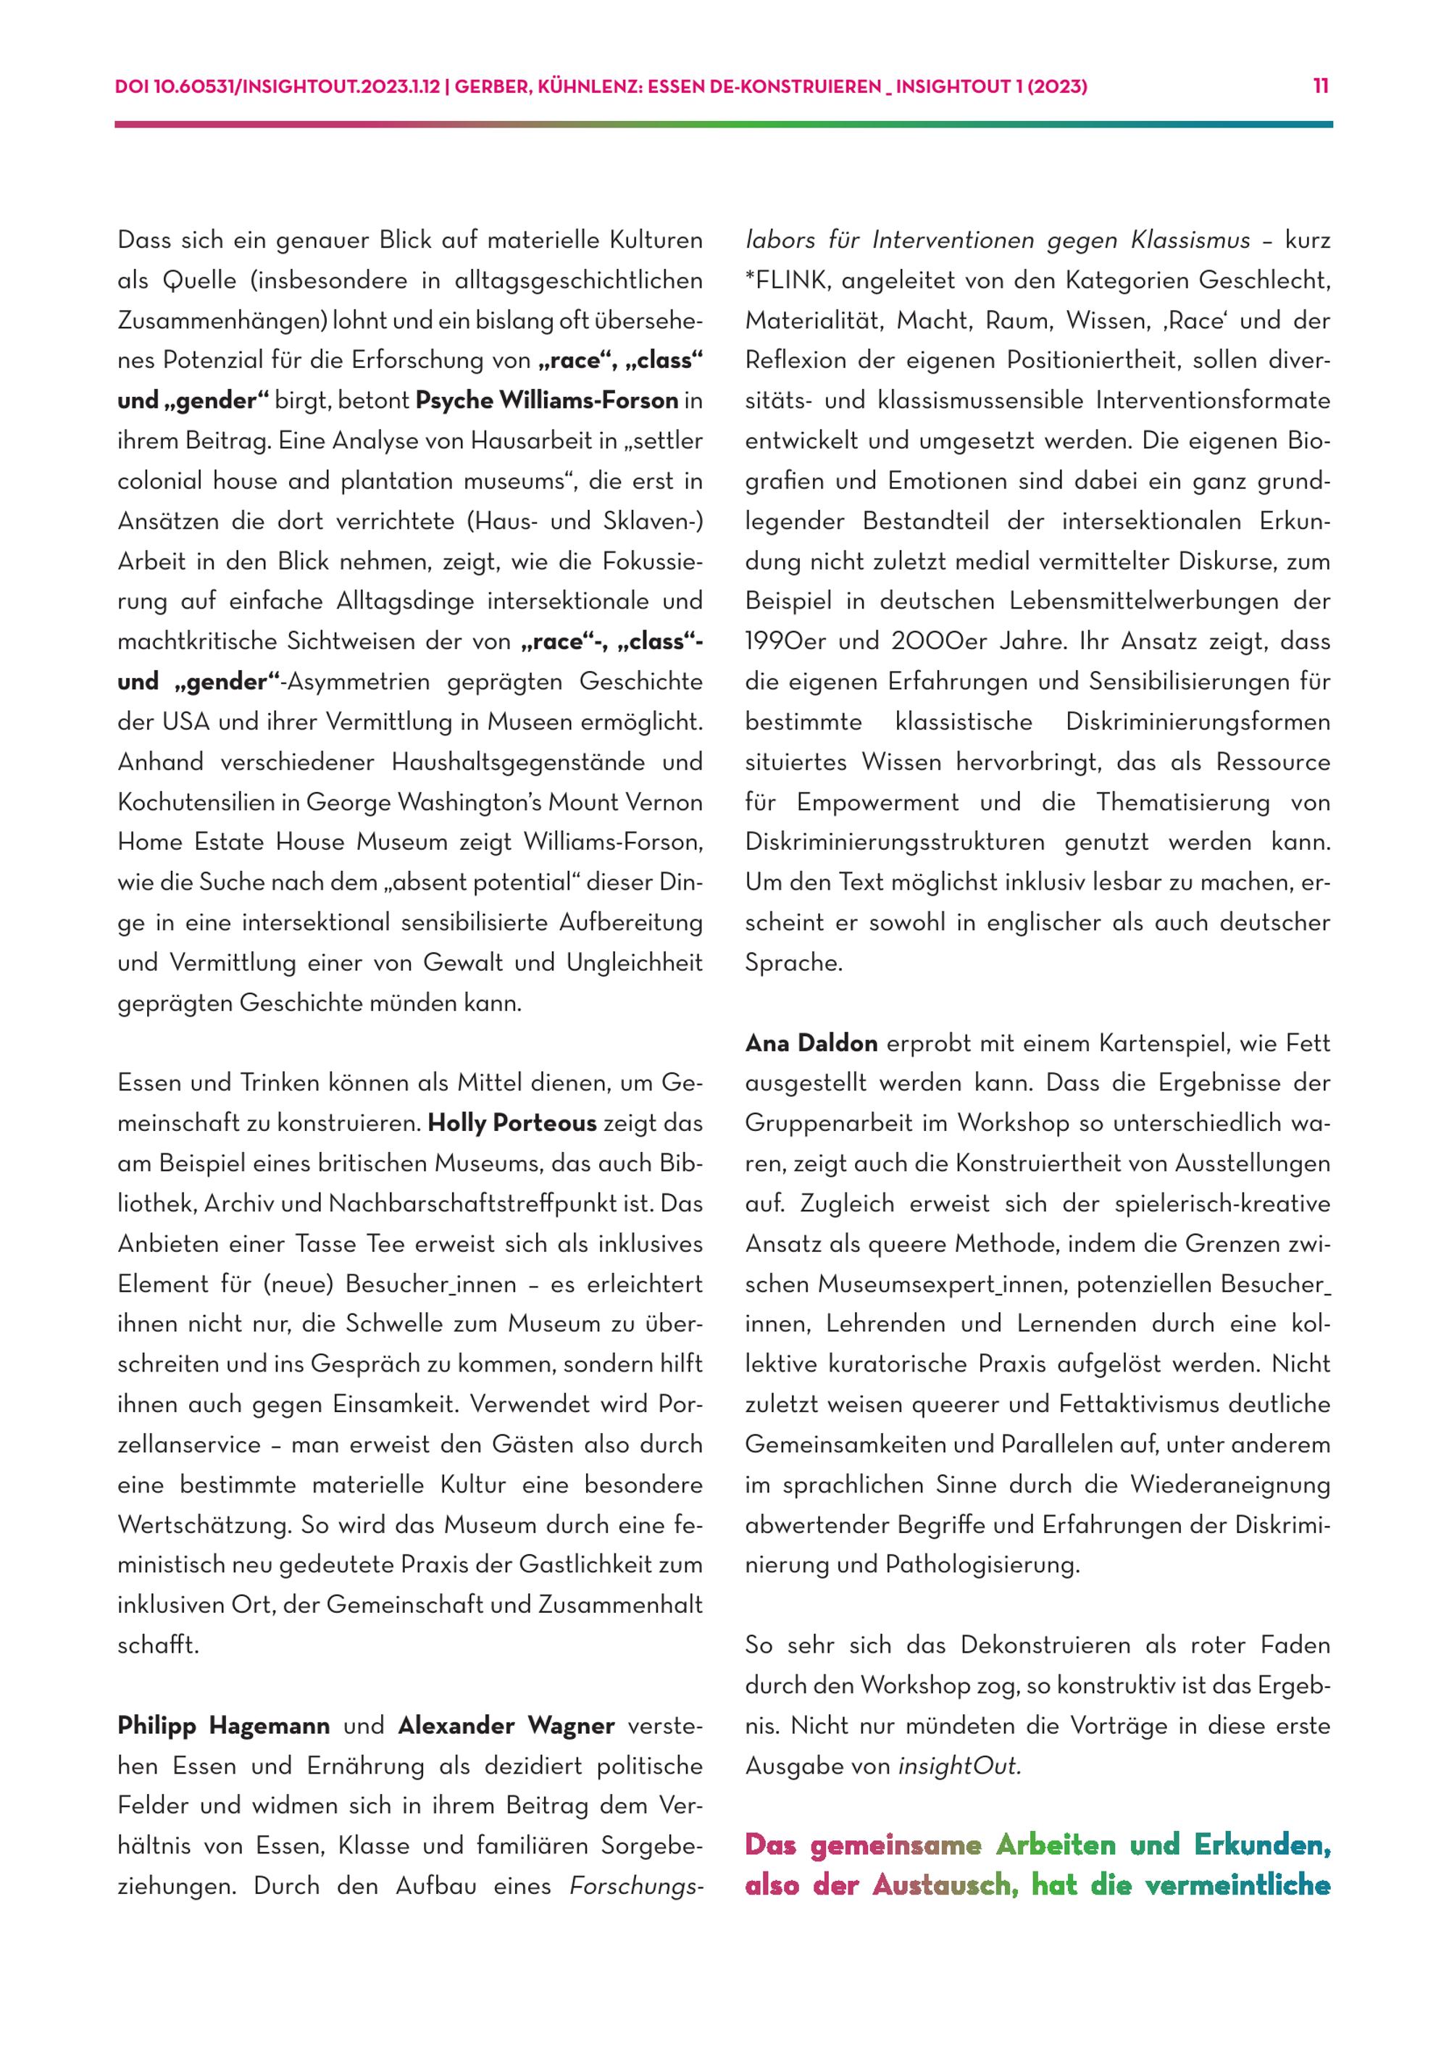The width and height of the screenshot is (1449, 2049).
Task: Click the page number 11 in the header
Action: (1321, 86)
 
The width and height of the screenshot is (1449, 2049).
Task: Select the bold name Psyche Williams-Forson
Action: (546, 401)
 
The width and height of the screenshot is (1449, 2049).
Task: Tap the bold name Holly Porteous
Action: (511, 1122)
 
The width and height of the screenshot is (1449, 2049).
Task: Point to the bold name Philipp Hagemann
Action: (223, 1726)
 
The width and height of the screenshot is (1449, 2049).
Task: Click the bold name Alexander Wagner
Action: (506, 1726)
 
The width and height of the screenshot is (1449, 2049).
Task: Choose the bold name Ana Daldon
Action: (811, 1043)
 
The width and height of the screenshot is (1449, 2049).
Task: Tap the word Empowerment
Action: (878, 802)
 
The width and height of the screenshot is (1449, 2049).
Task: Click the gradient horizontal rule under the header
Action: (724, 125)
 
